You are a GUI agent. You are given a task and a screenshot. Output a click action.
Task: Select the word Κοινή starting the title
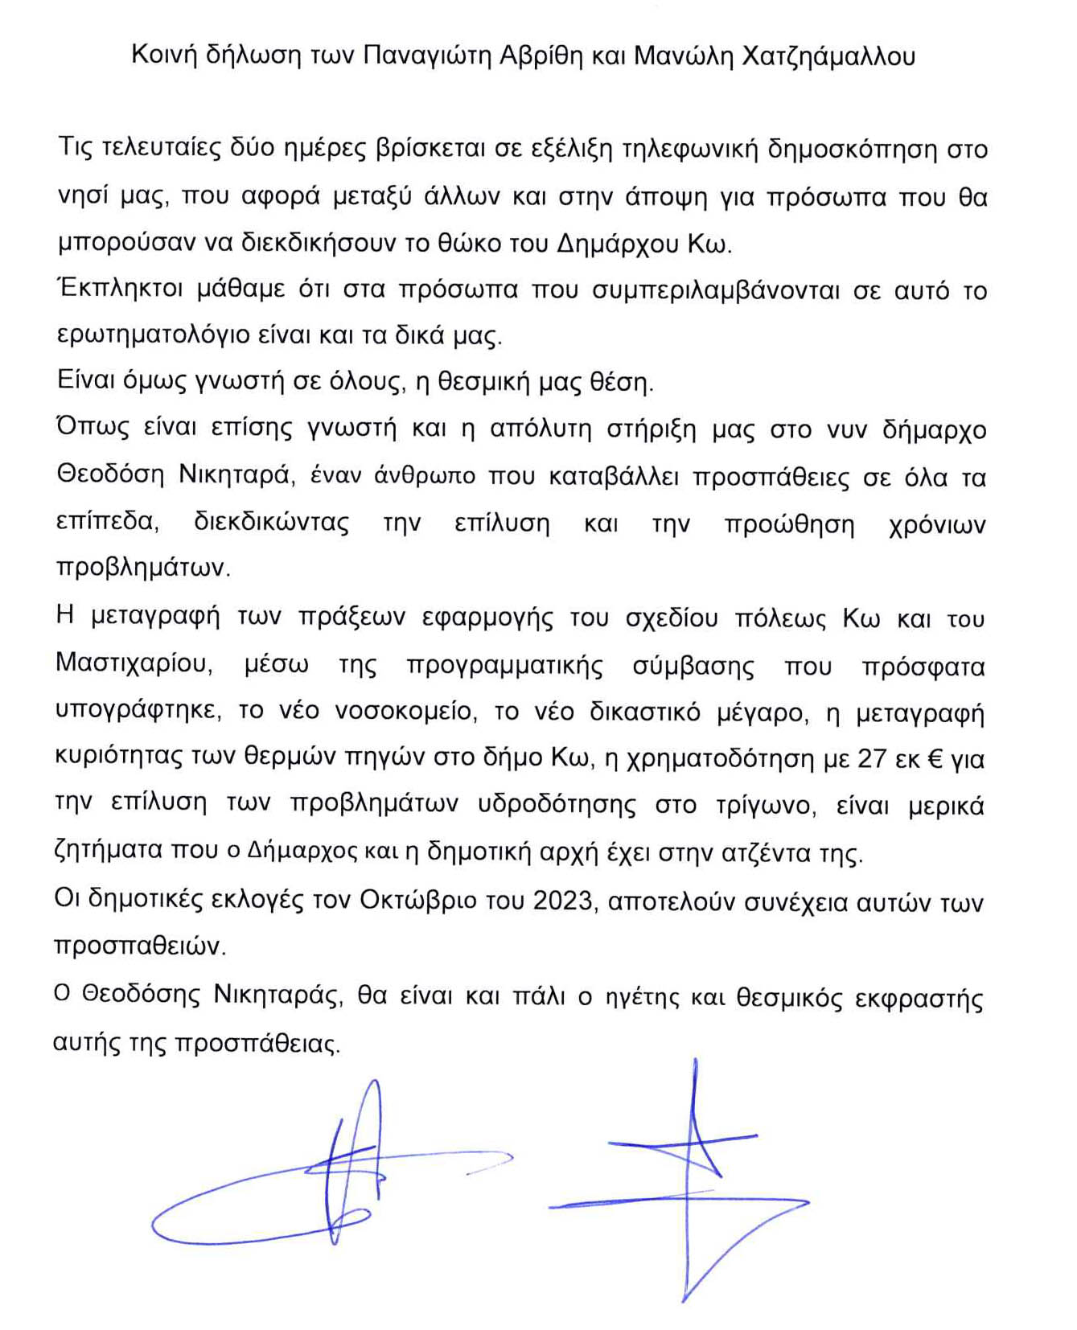coord(164,55)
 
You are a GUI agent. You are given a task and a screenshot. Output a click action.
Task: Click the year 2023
coord(562,901)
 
